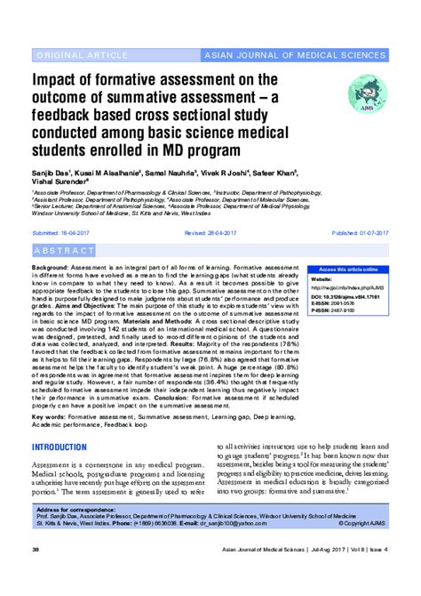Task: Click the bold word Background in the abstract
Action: tap(52, 267)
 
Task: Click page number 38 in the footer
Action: tap(35, 576)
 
